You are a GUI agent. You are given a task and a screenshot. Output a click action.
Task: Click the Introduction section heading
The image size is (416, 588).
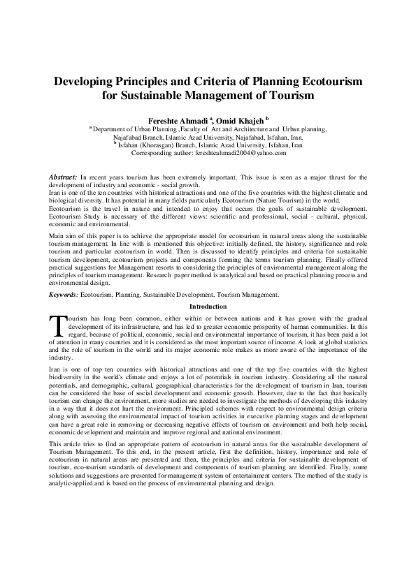[208, 307]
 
